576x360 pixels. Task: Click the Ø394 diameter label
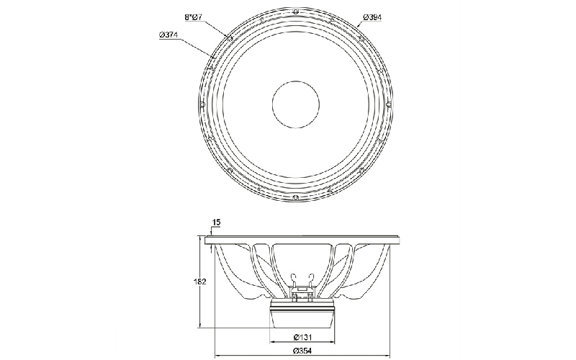pos(372,17)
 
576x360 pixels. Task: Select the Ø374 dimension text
pos(168,35)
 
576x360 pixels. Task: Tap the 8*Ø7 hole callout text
pos(194,17)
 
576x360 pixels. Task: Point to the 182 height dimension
pos(199,282)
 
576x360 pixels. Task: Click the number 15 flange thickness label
pos(217,222)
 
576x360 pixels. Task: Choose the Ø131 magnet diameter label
pos(303,337)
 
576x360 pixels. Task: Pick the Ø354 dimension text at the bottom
pos(302,351)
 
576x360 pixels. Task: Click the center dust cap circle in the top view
pos(296,104)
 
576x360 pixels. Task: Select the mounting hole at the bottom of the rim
pos(296,199)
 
